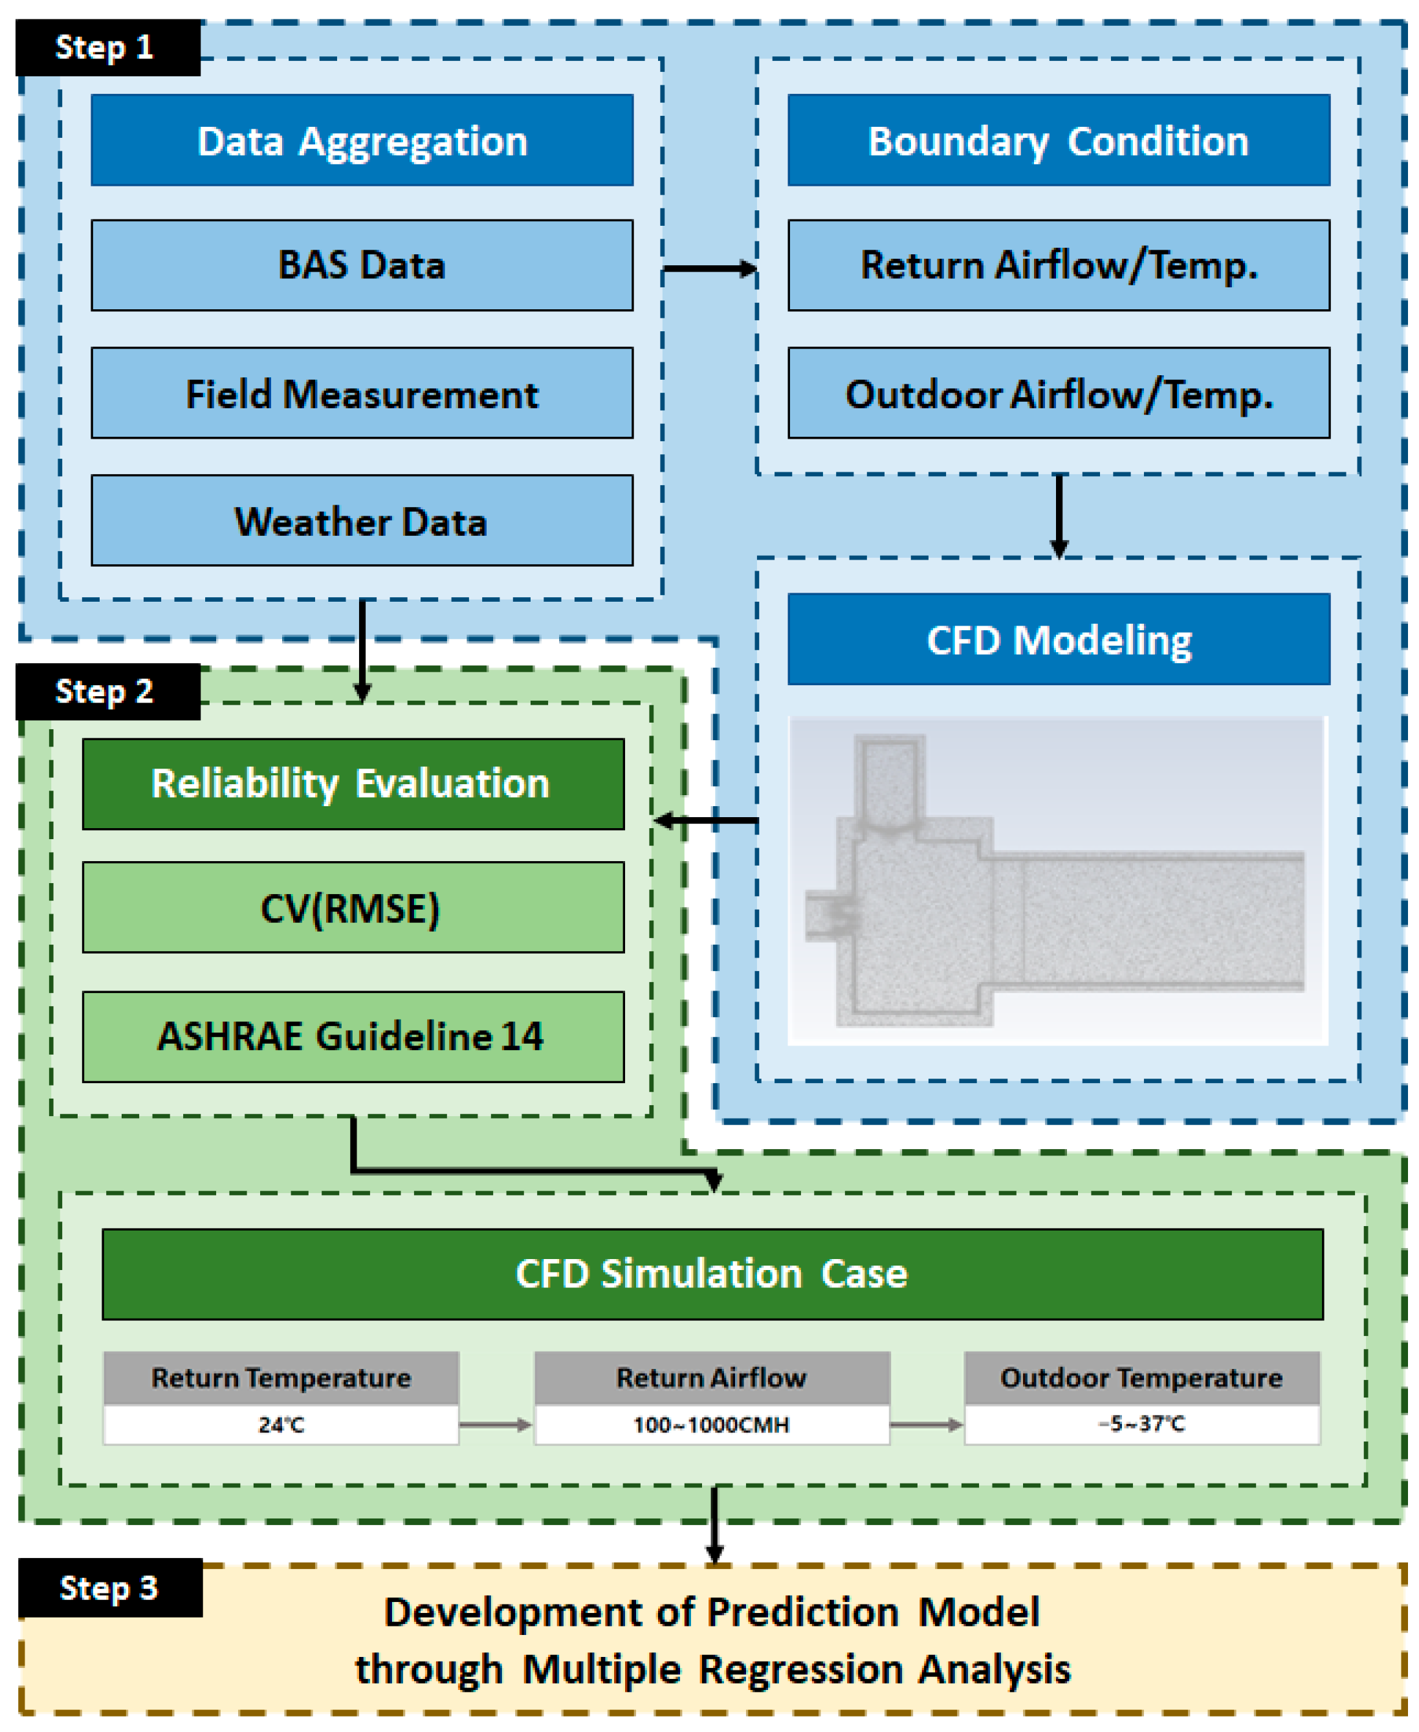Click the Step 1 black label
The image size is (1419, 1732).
pos(108,47)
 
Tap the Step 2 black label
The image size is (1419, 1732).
pos(108,692)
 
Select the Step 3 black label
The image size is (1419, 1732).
pos(111,1587)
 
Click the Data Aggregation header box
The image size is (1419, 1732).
pos(362,140)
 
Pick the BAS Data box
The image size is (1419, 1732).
pos(362,266)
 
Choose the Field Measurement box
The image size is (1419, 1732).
pos(362,393)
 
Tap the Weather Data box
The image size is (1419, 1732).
pos(362,521)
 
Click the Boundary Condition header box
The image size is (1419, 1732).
pos(1059,140)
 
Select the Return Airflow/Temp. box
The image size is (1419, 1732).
pos(1059,266)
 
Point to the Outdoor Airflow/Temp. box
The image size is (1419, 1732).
pos(1059,393)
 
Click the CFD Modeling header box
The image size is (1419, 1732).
pos(1059,639)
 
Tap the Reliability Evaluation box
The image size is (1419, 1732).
pos(353,785)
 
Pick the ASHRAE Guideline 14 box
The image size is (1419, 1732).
pos(353,1037)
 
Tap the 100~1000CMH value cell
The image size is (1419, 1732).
pos(712,1425)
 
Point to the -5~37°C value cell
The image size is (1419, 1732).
pos(1142,1425)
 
